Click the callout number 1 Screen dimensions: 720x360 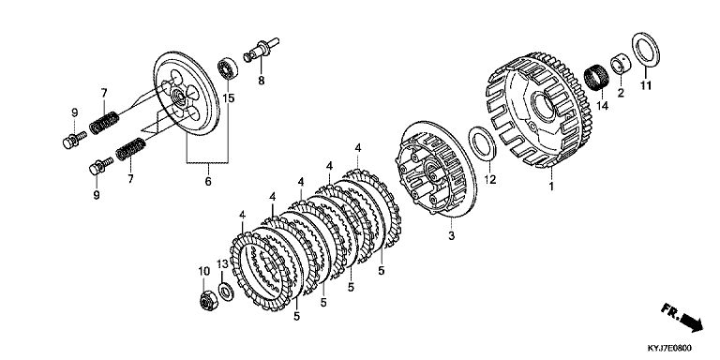(x=551, y=187)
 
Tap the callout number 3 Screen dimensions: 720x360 (x=451, y=236)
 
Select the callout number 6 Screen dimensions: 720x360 (x=208, y=181)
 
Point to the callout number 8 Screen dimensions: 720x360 (x=262, y=81)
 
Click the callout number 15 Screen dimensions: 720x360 (x=228, y=97)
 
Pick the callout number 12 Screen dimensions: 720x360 (x=490, y=179)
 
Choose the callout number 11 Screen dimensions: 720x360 (x=646, y=85)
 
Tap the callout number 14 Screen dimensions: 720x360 (x=602, y=106)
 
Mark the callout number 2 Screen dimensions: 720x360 (x=621, y=93)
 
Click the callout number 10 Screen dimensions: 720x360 (x=203, y=271)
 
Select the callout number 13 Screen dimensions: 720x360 (x=222, y=264)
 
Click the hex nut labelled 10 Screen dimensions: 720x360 (x=209, y=301)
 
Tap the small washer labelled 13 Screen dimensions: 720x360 (x=225, y=292)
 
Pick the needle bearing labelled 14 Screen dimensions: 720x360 (x=596, y=78)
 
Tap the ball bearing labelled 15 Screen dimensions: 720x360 (x=227, y=68)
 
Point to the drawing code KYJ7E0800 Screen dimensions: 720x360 (x=669, y=349)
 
